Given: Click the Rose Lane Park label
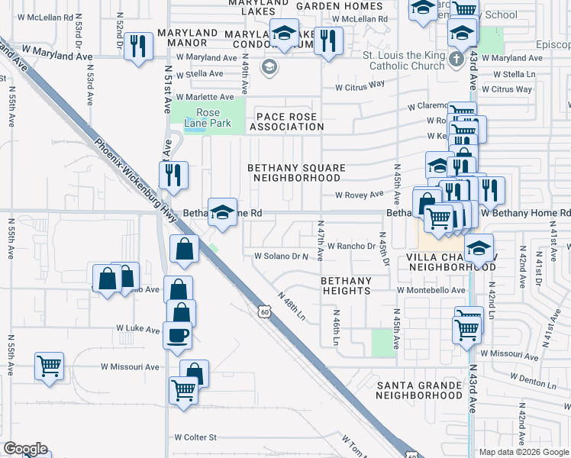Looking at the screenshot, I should point(202,118).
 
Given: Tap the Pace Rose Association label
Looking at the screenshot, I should point(286,120).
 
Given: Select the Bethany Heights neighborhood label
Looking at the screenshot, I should point(346,285).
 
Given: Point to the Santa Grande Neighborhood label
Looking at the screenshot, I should point(419,389).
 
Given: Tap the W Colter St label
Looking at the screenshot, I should point(195,437).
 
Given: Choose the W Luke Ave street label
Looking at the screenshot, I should point(138,328).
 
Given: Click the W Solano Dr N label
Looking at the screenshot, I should point(280,256).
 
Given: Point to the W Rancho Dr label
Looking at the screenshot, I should point(352,246).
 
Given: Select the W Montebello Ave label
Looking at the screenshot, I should point(431,290).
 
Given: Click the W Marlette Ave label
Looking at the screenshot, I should point(205,97).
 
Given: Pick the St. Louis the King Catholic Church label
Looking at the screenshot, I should point(404,60).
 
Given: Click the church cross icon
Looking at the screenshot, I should point(456,60).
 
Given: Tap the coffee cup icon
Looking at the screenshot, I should point(177,335).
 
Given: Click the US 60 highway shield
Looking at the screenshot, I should point(263,311).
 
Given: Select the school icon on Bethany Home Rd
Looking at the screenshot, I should point(222,213).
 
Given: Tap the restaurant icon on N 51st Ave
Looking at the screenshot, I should point(173,176).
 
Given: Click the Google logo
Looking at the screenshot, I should point(25,449).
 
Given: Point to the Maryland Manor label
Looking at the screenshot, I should point(189,39).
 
